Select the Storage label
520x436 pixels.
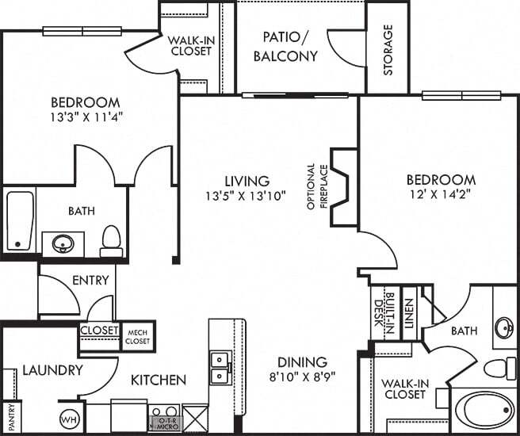click(388, 49)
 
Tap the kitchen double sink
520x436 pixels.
click(220, 366)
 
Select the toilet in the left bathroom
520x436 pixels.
click(112, 240)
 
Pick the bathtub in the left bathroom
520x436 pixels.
click(20, 220)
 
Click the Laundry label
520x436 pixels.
click(52, 370)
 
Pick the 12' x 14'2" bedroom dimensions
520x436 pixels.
click(442, 195)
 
